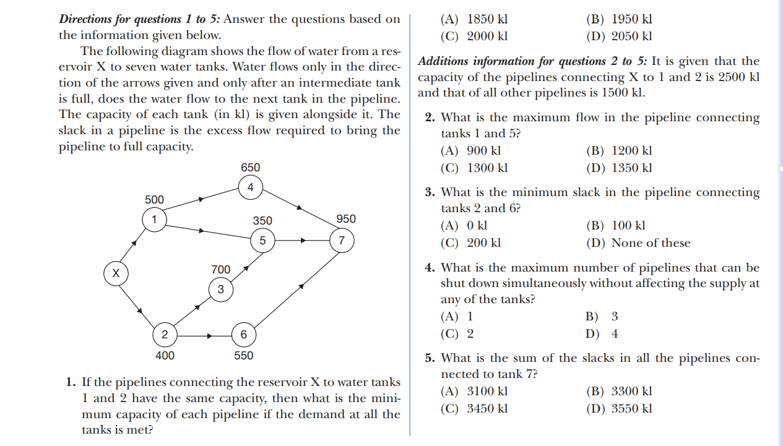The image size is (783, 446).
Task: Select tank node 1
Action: [x=154, y=218]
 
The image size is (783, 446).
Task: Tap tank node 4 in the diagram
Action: [x=251, y=187]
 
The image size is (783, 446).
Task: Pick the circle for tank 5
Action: [x=262, y=241]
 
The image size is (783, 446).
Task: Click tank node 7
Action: [x=341, y=240]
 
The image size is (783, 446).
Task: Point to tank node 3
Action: [x=220, y=289]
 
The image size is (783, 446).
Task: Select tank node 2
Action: [x=164, y=335]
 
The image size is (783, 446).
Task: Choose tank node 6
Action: [x=243, y=335]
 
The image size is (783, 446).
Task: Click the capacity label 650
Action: [x=250, y=168]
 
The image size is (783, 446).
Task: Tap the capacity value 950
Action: [x=346, y=219]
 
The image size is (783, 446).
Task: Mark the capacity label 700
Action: [x=221, y=270]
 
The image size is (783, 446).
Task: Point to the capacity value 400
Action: [x=164, y=356]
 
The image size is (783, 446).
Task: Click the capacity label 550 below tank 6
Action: [x=243, y=356]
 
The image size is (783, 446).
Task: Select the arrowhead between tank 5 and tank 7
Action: [x=304, y=241]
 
